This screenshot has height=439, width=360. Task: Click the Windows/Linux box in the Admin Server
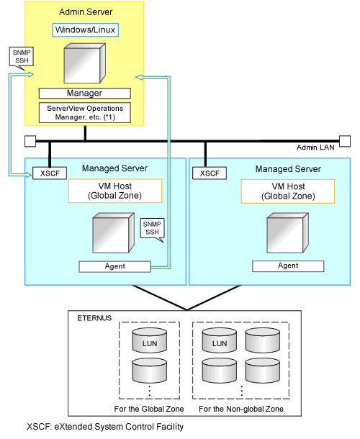coord(86,30)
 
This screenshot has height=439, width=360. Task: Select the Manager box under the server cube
coord(85,94)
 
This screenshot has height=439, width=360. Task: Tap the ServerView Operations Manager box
coord(85,112)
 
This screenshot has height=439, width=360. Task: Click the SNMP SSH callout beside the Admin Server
coord(22,57)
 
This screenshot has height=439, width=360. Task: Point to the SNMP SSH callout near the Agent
coord(152,228)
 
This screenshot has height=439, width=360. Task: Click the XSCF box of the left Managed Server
coord(50,173)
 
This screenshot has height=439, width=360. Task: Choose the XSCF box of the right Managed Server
coord(210,173)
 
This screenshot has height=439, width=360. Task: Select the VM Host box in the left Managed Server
coord(115,191)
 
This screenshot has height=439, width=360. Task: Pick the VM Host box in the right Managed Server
coord(288,191)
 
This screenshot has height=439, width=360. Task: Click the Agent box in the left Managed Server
coord(115,266)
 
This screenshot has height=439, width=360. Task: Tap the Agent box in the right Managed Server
coord(288,266)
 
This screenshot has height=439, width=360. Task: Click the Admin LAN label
coord(315,148)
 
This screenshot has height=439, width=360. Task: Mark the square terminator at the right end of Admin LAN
coord(345,141)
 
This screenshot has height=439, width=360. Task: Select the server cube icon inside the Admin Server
coord(85,63)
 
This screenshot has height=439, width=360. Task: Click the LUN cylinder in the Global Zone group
coord(149,340)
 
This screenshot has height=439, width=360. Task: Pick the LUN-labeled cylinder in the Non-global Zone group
coord(219,340)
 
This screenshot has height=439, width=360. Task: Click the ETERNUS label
coord(94,318)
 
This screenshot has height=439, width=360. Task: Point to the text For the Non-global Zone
coord(241,409)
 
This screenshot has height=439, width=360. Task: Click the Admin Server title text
coord(86,12)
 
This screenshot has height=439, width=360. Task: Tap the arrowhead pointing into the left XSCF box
coord(28,175)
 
